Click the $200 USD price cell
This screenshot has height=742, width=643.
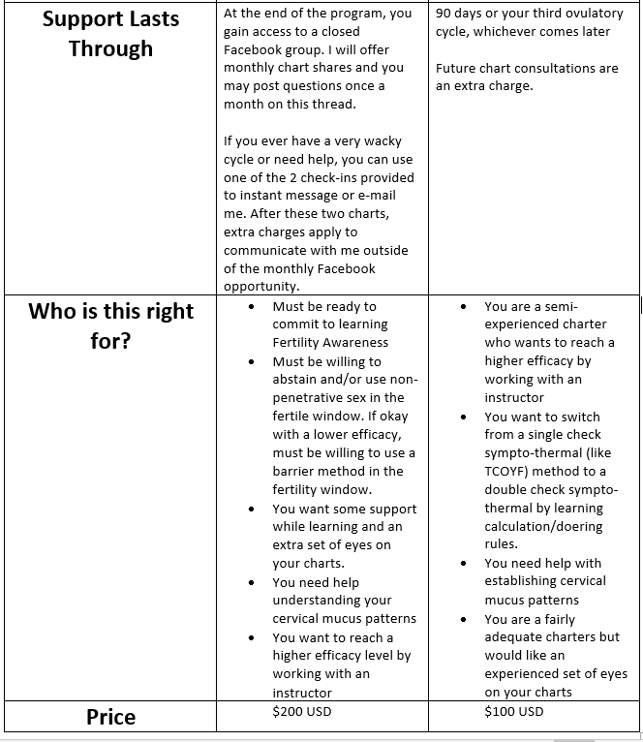click(x=301, y=711)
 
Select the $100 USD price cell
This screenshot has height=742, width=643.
click(x=514, y=711)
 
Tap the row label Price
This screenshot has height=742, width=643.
click(x=110, y=717)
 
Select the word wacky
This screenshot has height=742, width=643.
click(x=378, y=140)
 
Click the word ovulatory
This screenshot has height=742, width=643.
click(x=579, y=14)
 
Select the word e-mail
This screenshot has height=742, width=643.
click(x=388, y=196)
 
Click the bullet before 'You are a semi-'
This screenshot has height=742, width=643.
click(x=463, y=307)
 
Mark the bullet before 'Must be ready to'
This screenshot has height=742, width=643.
click(x=252, y=307)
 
